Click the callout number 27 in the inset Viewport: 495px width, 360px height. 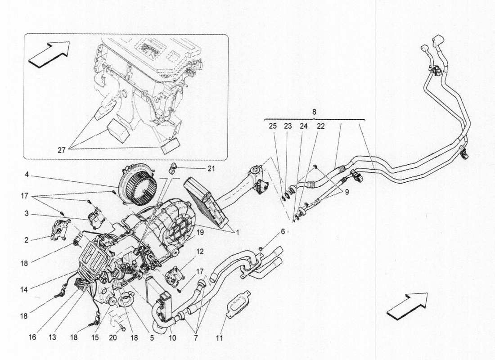click(61, 151)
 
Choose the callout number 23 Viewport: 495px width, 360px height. click(288, 127)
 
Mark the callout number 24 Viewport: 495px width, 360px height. click(304, 127)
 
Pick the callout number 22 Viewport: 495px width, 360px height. click(320, 127)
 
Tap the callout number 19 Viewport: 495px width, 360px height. click(200, 233)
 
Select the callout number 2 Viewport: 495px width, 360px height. click(27, 240)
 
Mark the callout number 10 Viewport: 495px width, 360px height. click(173, 337)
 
